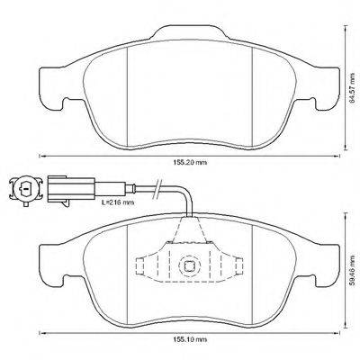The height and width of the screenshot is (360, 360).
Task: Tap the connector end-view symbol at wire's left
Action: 26,191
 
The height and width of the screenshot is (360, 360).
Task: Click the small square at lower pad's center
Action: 190,265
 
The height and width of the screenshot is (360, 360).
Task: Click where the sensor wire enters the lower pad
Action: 189,219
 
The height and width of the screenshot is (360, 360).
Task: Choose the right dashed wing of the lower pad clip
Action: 236,267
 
